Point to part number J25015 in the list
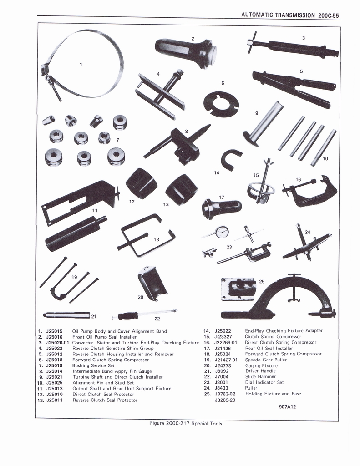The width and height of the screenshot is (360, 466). (55, 331)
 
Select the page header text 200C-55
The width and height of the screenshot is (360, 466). (327, 15)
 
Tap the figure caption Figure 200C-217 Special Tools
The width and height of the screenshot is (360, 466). (186, 423)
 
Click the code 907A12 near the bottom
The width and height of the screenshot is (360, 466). (287, 407)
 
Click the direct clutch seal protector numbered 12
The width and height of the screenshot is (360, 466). (141, 183)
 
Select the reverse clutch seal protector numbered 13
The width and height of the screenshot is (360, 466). (181, 189)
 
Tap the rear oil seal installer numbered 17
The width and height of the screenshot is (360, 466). (221, 208)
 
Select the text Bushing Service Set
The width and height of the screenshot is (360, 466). (93, 365)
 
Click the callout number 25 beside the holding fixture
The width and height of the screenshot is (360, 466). (262, 282)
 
